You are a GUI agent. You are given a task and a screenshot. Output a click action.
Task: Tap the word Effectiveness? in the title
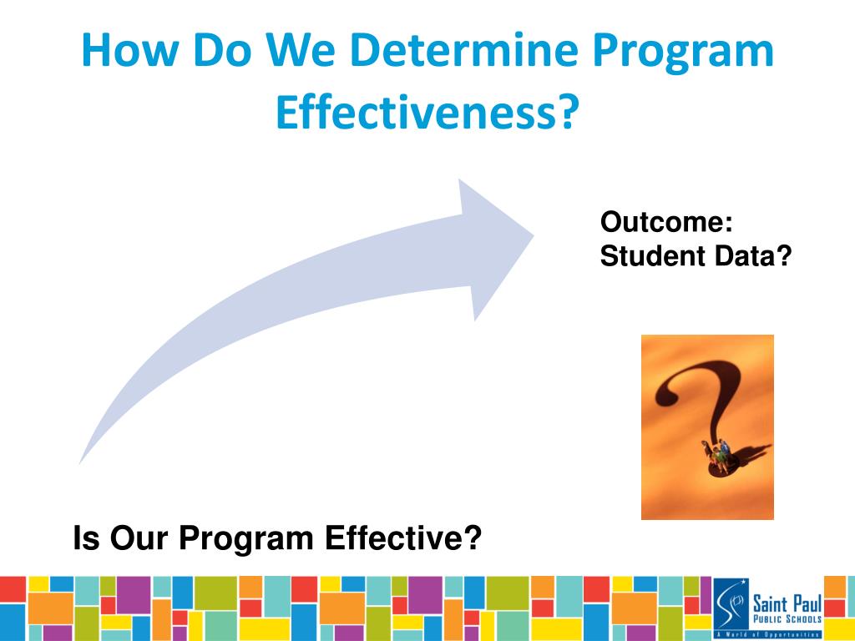(x=427, y=113)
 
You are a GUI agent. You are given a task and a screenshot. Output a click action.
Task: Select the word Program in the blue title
(x=683, y=53)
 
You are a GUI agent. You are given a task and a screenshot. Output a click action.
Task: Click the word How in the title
(x=129, y=50)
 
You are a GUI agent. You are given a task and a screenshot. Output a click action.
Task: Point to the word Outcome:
(x=665, y=222)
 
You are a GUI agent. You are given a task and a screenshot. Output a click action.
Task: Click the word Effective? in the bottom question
(x=403, y=538)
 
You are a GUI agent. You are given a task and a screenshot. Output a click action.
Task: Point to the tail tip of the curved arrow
(x=80, y=463)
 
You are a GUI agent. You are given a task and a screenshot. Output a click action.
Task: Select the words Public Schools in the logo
(x=787, y=619)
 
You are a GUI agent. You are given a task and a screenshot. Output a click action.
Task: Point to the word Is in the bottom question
(x=86, y=538)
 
